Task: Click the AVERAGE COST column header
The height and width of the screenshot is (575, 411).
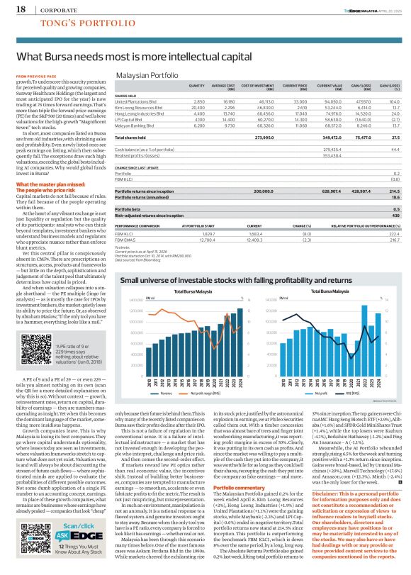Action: [223, 86]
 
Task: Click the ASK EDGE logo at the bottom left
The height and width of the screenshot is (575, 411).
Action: [26, 537]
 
